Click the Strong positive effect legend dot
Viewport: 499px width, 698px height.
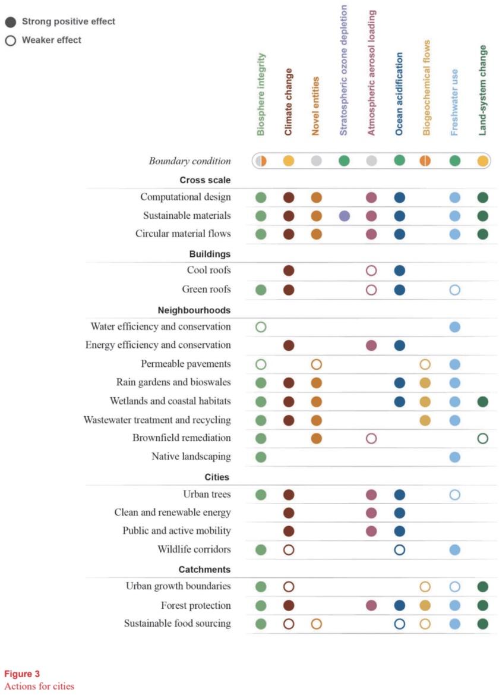[11, 22]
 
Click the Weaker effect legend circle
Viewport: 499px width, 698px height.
[11, 41]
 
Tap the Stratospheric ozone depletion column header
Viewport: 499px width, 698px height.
[344, 70]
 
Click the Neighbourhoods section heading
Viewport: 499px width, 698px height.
[194, 310]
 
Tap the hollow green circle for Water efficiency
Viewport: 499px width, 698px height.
[261, 326]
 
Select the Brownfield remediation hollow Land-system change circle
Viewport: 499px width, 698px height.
[482, 439]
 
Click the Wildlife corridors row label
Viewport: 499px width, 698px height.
[194, 549]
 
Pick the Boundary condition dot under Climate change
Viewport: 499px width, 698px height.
[289, 161]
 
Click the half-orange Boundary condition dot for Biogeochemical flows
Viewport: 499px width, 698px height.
[425, 161]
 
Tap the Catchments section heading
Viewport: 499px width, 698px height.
[205, 570]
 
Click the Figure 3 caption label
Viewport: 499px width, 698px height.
[23, 674]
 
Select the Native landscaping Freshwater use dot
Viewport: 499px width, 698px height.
[454, 457]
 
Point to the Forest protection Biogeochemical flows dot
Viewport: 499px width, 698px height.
[425, 606]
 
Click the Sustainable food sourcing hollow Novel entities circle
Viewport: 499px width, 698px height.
[316, 624]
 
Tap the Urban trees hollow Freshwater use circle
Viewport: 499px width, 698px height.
[454, 495]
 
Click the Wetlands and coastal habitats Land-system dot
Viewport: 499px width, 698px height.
[482, 402]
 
